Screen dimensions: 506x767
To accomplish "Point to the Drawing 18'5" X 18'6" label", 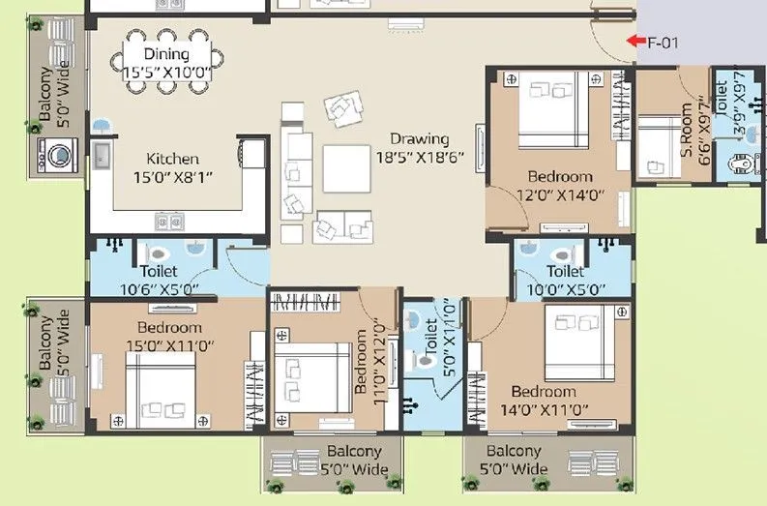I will point(420,148).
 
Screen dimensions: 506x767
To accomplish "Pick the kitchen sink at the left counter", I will point(100,155).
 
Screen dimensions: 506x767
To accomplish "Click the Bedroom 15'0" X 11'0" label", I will point(169,337).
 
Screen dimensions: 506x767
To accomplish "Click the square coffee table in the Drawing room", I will point(347,169).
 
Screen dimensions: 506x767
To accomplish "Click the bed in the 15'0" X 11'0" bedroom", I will point(161,388).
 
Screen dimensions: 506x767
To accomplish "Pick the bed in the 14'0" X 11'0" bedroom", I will point(580,342).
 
